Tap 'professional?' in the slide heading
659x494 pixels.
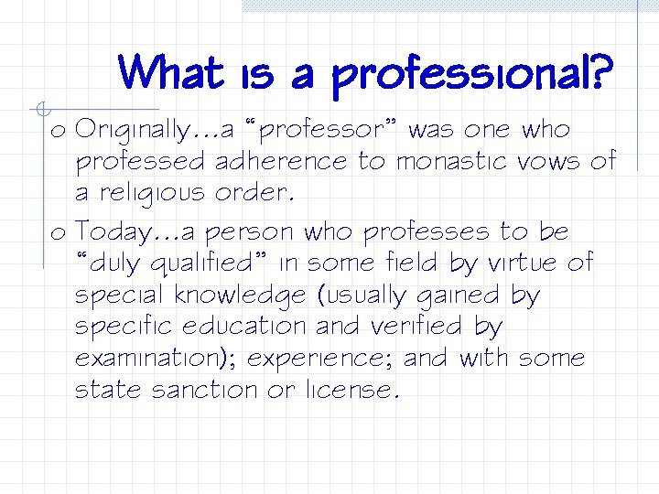473,77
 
